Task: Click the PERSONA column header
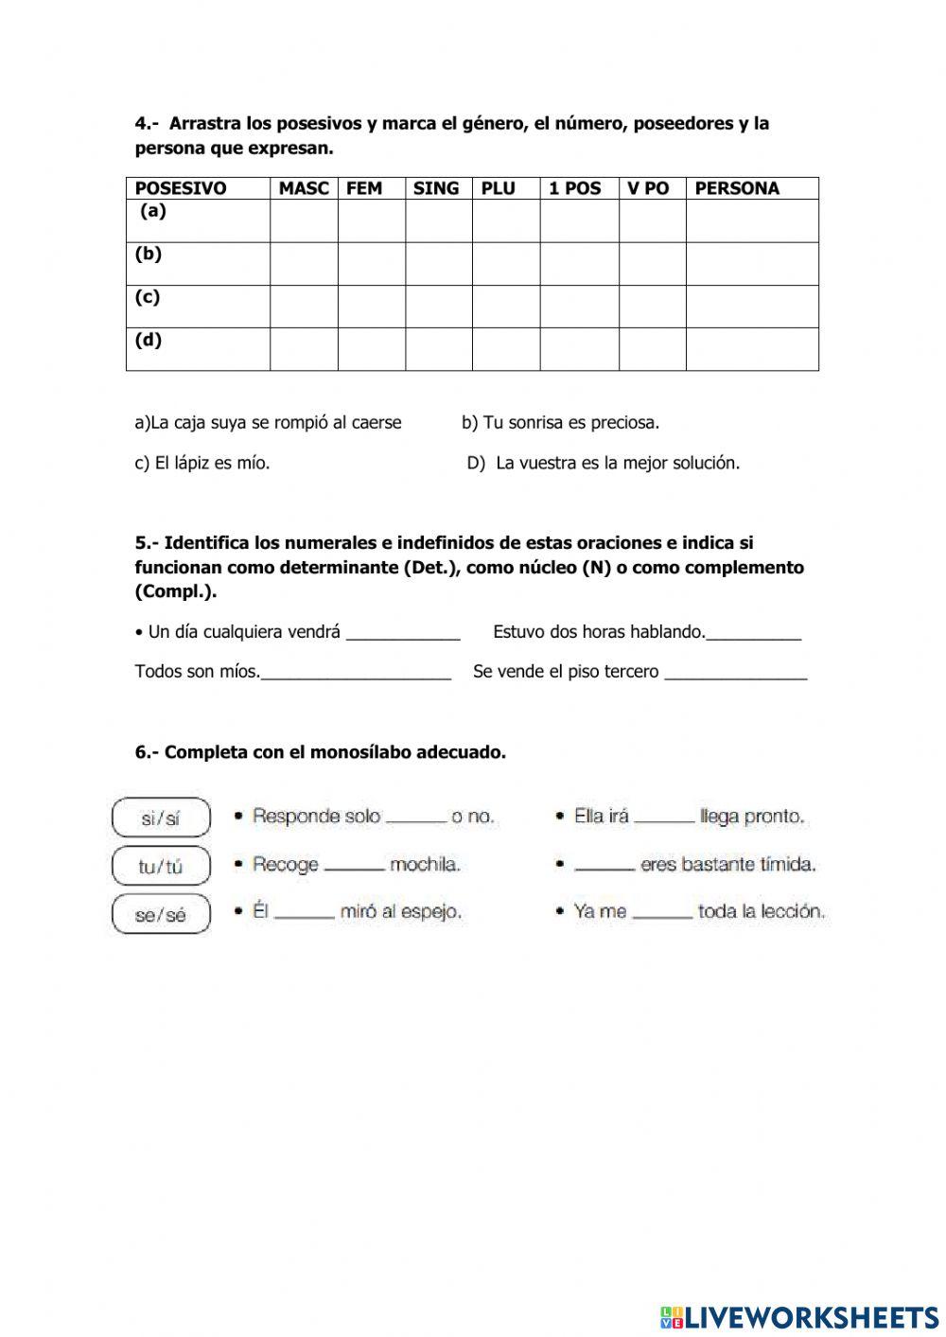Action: click(x=737, y=188)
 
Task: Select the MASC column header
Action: click(x=303, y=188)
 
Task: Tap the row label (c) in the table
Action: click(x=148, y=297)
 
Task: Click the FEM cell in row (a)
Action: click(x=371, y=220)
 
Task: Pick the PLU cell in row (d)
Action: click(x=505, y=349)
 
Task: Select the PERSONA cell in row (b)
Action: click(x=751, y=264)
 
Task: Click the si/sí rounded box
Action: click(x=160, y=818)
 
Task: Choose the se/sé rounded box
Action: click(x=160, y=915)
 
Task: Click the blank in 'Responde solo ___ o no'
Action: click(x=416, y=818)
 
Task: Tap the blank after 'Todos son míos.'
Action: click(x=356, y=673)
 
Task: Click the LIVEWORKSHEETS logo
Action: click(x=799, y=1316)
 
